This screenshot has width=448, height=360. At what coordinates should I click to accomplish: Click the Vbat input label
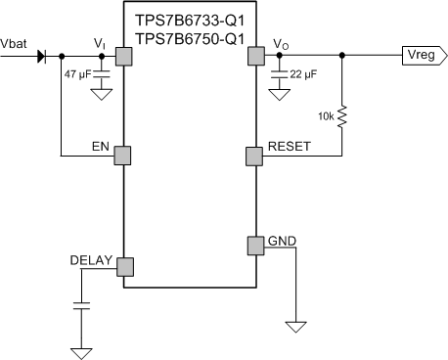point(15,44)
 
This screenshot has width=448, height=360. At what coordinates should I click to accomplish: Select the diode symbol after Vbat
point(42,56)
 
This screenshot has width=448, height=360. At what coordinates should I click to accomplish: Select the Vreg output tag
point(422,57)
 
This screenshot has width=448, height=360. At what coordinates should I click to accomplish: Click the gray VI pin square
point(123,57)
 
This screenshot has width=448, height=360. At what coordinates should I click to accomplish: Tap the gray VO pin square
point(257,57)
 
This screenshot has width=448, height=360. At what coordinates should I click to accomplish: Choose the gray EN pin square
point(123,155)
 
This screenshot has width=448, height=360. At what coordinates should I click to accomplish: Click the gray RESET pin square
point(257,155)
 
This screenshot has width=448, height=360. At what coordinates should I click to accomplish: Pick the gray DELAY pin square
point(123,267)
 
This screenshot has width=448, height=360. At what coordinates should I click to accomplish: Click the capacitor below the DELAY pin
point(82,306)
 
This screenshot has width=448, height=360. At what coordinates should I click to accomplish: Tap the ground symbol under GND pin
point(291,323)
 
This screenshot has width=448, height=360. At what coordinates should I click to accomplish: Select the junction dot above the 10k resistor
point(341,56)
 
